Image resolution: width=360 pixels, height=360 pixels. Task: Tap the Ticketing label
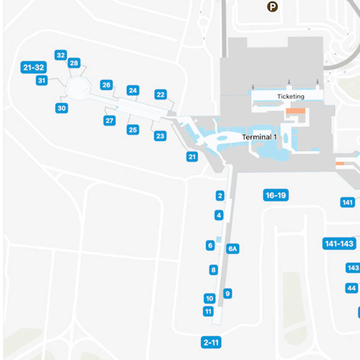[x=290, y=97]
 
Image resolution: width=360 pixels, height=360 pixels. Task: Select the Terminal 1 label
[x=259, y=137]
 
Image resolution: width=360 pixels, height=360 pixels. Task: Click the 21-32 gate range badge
[x=33, y=67]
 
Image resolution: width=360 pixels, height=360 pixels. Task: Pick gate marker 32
[x=60, y=55]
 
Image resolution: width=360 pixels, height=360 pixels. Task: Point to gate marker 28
[x=74, y=63]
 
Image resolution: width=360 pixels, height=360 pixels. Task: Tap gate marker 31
[x=42, y=80]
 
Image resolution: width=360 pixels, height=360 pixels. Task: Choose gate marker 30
[x=61, y=108]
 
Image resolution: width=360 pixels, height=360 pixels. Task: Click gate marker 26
[x=107, y=85]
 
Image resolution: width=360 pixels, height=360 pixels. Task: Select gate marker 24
[x=133, y=90]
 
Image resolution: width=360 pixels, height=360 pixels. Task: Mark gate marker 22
[x=160, y=94]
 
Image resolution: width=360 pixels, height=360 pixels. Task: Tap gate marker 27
[x=110, y=120]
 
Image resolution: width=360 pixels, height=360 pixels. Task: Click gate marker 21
[x=192, y=157]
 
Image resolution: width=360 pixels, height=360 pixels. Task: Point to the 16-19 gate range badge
[x=276, y=196]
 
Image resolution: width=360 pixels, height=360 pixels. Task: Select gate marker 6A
[x=233, y=249]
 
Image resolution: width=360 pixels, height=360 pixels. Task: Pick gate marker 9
[x=227, y=293]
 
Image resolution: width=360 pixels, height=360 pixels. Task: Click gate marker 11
[x=208, y=311]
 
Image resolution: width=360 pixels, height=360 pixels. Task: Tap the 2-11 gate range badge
[x=211, y=343]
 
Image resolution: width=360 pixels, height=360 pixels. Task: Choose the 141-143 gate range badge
[x=339, y=243]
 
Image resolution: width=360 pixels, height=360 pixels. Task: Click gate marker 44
[x=351, y=288]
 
